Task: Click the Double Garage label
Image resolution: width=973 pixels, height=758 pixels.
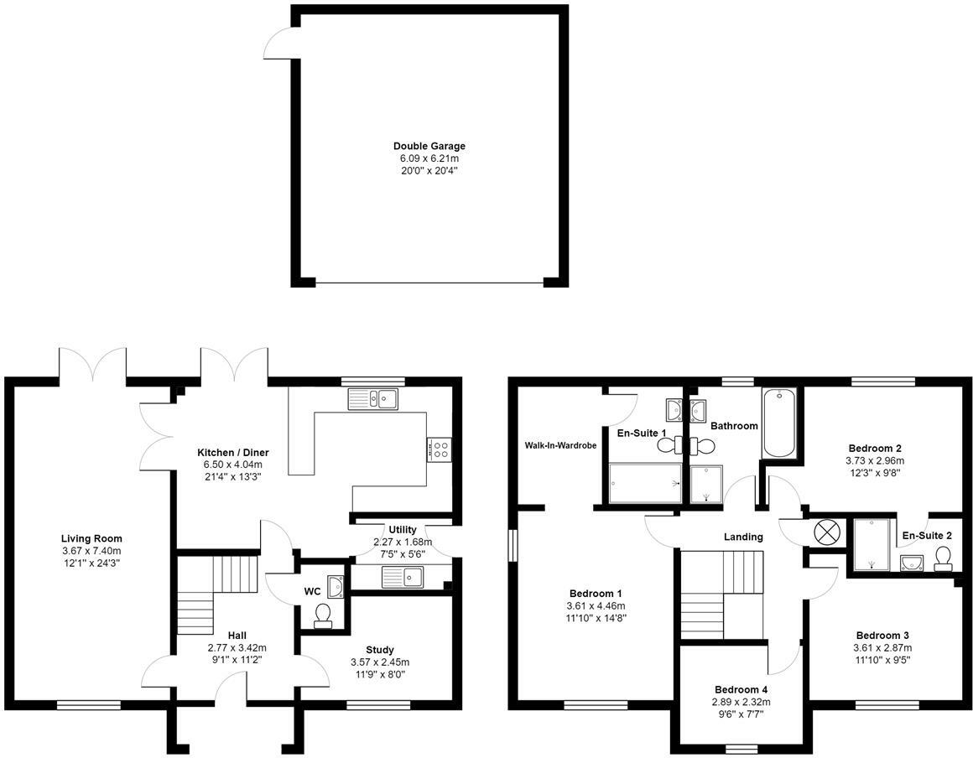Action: point(429,147)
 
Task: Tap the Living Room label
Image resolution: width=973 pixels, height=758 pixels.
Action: point(91,538)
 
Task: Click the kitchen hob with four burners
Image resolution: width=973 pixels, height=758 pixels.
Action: point(440,449)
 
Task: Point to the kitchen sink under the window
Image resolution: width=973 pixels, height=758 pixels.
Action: point(373,398)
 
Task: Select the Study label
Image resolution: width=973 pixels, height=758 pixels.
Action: point(379,650)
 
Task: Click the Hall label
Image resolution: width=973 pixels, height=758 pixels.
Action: point(237,636)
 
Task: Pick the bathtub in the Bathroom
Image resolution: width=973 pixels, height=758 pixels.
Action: point(779,423)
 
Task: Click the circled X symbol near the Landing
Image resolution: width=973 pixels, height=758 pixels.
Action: point(825,532)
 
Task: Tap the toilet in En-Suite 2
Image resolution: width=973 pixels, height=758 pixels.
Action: point(943,558)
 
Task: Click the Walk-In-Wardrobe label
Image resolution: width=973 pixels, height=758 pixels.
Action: point(560,445)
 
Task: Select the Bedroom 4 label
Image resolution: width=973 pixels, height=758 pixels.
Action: point(741,690)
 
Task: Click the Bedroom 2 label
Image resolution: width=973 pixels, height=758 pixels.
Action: point(875,448)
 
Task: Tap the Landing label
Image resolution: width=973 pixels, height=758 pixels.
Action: point(743,537)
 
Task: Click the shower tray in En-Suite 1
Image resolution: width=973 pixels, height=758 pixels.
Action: point(645,483)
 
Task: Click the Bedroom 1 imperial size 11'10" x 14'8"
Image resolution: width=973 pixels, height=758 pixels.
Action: point(595,618)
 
